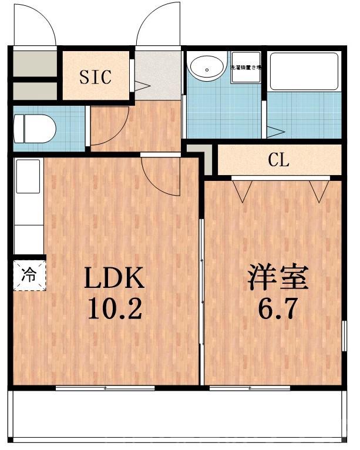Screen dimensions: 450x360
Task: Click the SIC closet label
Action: (x=95, y=77)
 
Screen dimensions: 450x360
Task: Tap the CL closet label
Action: (x=279, y=160)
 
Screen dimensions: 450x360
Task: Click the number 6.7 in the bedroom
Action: (x=278, y=308)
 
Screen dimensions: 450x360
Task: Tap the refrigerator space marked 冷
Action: (x=28, y=274)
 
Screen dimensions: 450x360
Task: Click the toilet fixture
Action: (x=34, y=126)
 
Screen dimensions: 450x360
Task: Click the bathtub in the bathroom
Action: (x=303, y=70)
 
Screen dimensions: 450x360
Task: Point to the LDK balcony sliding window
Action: (x=106, y=388)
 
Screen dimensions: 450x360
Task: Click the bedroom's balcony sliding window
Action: (x=250, y=388)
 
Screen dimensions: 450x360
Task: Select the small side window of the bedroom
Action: (x=342, y=338)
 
